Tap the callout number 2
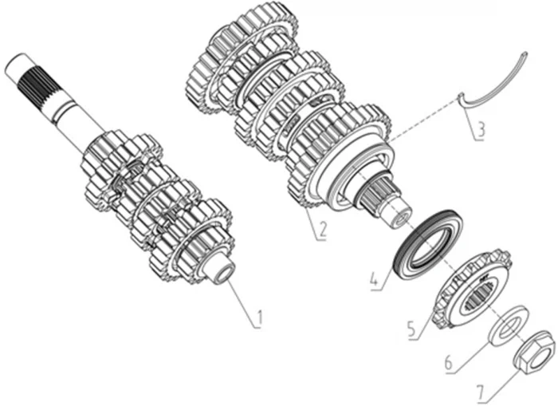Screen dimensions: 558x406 (322, 230)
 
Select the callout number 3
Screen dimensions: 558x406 (481, 130)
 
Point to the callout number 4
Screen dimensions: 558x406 (374, 279)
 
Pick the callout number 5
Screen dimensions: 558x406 (412, 329)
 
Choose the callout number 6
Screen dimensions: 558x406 (448, 363)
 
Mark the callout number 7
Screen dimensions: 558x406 (481, 393)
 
